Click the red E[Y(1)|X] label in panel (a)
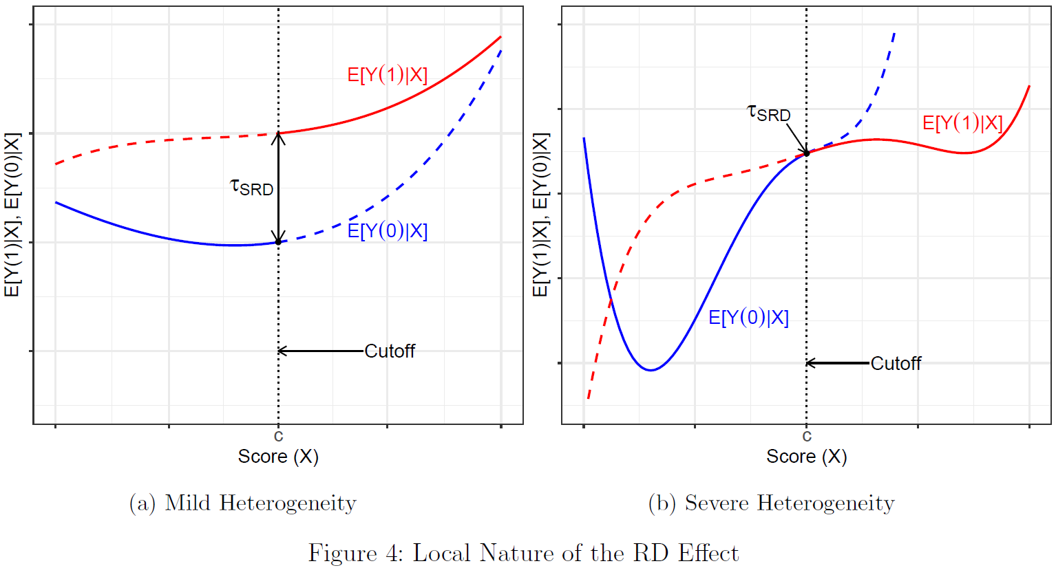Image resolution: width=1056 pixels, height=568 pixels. [x=387, y=74]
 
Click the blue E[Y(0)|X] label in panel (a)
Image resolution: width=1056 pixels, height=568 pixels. [x=387, y=231]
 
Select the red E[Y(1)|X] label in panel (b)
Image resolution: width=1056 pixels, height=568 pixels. [x=962, y=123]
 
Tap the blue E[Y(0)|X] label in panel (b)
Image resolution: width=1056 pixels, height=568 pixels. [x=748, y=318]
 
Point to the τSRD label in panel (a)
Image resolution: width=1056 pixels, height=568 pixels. [x=252, y=186]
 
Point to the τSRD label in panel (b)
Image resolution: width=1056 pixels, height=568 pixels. [x=769, y=113]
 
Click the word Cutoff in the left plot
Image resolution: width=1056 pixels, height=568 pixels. [x=390, y=351]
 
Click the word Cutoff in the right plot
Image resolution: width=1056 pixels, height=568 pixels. [x=896, y=363]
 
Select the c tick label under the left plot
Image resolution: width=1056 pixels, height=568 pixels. [x=278, y=436]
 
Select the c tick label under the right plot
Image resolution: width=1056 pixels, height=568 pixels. [x=807, y=436]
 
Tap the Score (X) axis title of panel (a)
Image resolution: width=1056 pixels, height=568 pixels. [x=278, y=457]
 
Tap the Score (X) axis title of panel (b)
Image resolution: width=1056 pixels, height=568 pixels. [x=807, y=457]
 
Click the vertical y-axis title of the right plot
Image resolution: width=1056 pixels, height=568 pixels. [x=541, y=215]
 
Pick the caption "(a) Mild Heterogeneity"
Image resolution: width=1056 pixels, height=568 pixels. [x=243, y=503]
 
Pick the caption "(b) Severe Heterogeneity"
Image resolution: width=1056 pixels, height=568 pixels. [x=771, y=503]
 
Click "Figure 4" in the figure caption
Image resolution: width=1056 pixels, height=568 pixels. [x=350, y=554]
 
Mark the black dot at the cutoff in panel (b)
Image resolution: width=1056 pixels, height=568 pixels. [x=807, y=153]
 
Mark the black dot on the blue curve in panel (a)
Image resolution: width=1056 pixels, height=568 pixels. [x=278, y=242]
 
